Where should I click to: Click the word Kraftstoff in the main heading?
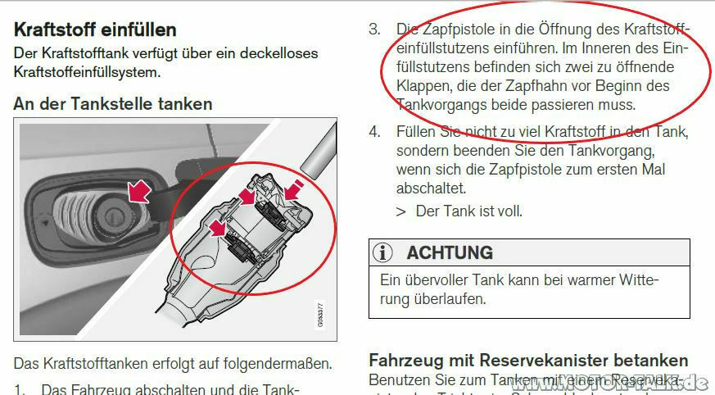click(56, 30)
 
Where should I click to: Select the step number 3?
click(374, 30)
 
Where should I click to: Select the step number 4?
click(374, 132)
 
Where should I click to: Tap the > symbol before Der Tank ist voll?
click(400, 211)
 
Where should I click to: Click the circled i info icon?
click(383, 252)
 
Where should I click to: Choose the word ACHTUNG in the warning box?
click(450, 252)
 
